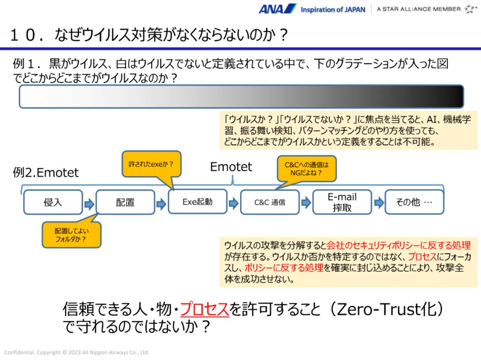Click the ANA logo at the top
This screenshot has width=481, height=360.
click(x=277, y=9)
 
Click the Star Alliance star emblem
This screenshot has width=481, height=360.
click(x=470, y=9)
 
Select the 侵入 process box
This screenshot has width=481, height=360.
click(x=53, y=202)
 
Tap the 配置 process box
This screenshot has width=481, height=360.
click(x=125, y=202)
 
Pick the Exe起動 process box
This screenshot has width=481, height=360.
click(x=197, y=202)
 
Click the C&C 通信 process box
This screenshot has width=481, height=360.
click(x=269, y=202)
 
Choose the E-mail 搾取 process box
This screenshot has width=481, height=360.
click(x=342, y=202)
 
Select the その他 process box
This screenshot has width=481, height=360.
click(x=414, y=202)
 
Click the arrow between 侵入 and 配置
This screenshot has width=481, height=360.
click(x=89, y=203)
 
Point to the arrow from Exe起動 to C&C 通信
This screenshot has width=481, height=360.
click(x=234, y=203)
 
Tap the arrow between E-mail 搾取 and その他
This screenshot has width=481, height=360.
click(x=378, y=203)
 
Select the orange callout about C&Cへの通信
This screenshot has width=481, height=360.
click(x=302, y=168)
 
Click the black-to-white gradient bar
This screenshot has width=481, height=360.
click(x=241, y=97)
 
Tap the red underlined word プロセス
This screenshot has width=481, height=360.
click(x=204, y=309)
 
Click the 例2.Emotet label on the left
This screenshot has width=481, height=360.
click(x=45, y=173)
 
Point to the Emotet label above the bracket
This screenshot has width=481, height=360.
click(x=231, y=167)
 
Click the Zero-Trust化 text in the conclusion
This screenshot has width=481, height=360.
click(x=389, y=309)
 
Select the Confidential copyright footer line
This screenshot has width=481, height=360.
click(x=77, y=353)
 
